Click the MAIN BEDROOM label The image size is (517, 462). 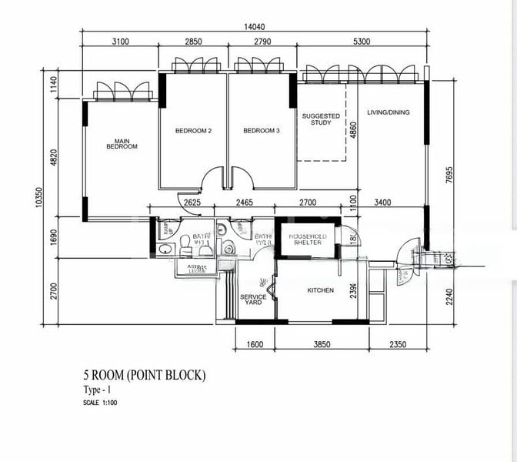[121, 143]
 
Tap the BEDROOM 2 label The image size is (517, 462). [193, 131]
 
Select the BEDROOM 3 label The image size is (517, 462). [261, 131]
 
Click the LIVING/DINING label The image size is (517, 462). [389, 112]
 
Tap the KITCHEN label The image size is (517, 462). [320, 290]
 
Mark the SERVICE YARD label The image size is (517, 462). [252, 300]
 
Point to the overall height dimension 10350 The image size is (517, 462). [36, 198]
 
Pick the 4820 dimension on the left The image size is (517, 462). [54, 157]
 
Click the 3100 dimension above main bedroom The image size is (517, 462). [119, 42]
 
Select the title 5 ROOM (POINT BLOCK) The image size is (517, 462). [145, 376]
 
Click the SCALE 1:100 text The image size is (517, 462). [102, 402]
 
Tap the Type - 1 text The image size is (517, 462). [98, 391]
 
